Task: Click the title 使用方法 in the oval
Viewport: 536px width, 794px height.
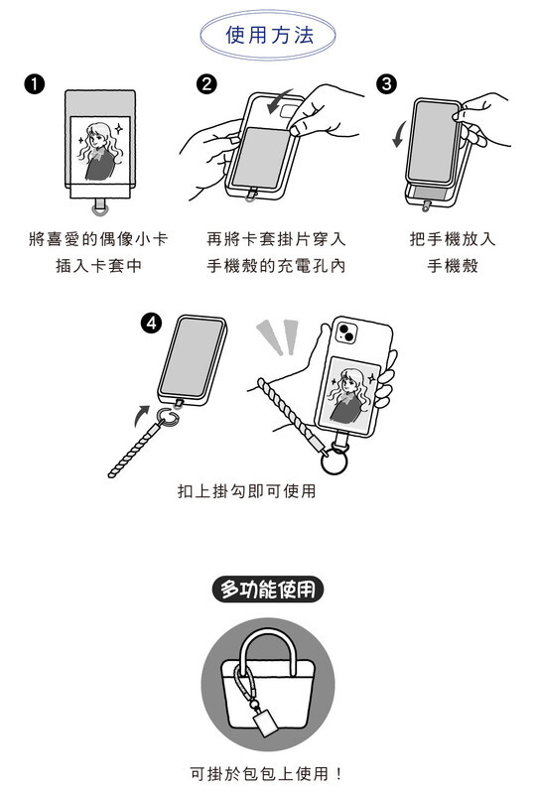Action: pos(270,35)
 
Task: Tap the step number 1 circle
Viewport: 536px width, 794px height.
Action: pos(34,84)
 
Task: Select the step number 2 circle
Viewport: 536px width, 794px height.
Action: pos(206,84)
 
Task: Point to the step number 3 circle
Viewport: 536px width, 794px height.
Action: pos(386,84)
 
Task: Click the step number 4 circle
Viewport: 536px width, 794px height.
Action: pos(152,323)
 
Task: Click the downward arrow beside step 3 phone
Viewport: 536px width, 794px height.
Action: pos(398,134)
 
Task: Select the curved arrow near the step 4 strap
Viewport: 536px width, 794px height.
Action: pos(141,415)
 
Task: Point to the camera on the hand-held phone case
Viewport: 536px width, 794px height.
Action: pos(346,332)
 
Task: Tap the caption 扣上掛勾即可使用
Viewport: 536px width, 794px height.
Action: pos(247,490)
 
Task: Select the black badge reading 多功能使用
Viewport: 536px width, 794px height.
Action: pos(267,590)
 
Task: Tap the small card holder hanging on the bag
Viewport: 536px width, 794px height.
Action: pos(265,720)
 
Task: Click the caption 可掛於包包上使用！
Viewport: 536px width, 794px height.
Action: pos(267,773)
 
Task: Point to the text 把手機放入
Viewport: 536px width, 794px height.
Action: pos(453,238)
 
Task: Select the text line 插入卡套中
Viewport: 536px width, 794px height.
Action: pos(98,265)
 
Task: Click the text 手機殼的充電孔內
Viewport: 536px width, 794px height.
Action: pos(276,265)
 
